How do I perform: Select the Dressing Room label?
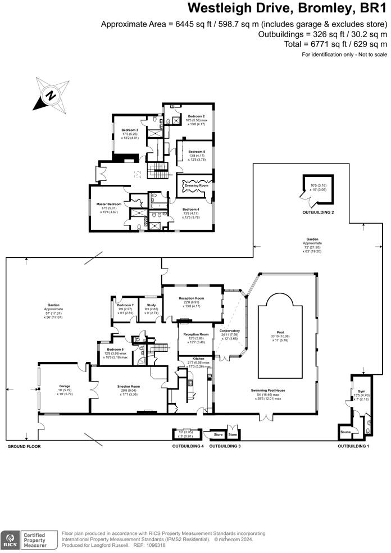pos(196,185)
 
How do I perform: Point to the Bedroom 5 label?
pos(196,152)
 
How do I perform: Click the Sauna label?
pos(346,432)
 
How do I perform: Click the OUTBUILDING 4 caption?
pos(188,446)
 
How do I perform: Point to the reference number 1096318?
pos(156,545)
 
